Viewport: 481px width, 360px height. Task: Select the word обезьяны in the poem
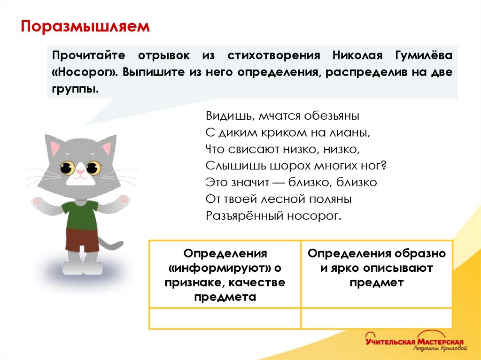pos(332,115)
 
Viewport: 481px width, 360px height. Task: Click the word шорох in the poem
pos(291,165)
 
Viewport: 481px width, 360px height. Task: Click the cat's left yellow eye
pos(66,167)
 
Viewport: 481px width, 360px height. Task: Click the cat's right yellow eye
pos(93,167)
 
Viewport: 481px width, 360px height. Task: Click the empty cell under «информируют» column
pos(225,318)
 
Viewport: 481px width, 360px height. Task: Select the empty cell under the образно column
pos(376,318)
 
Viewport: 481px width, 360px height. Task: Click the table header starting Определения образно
pos(376,268)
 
